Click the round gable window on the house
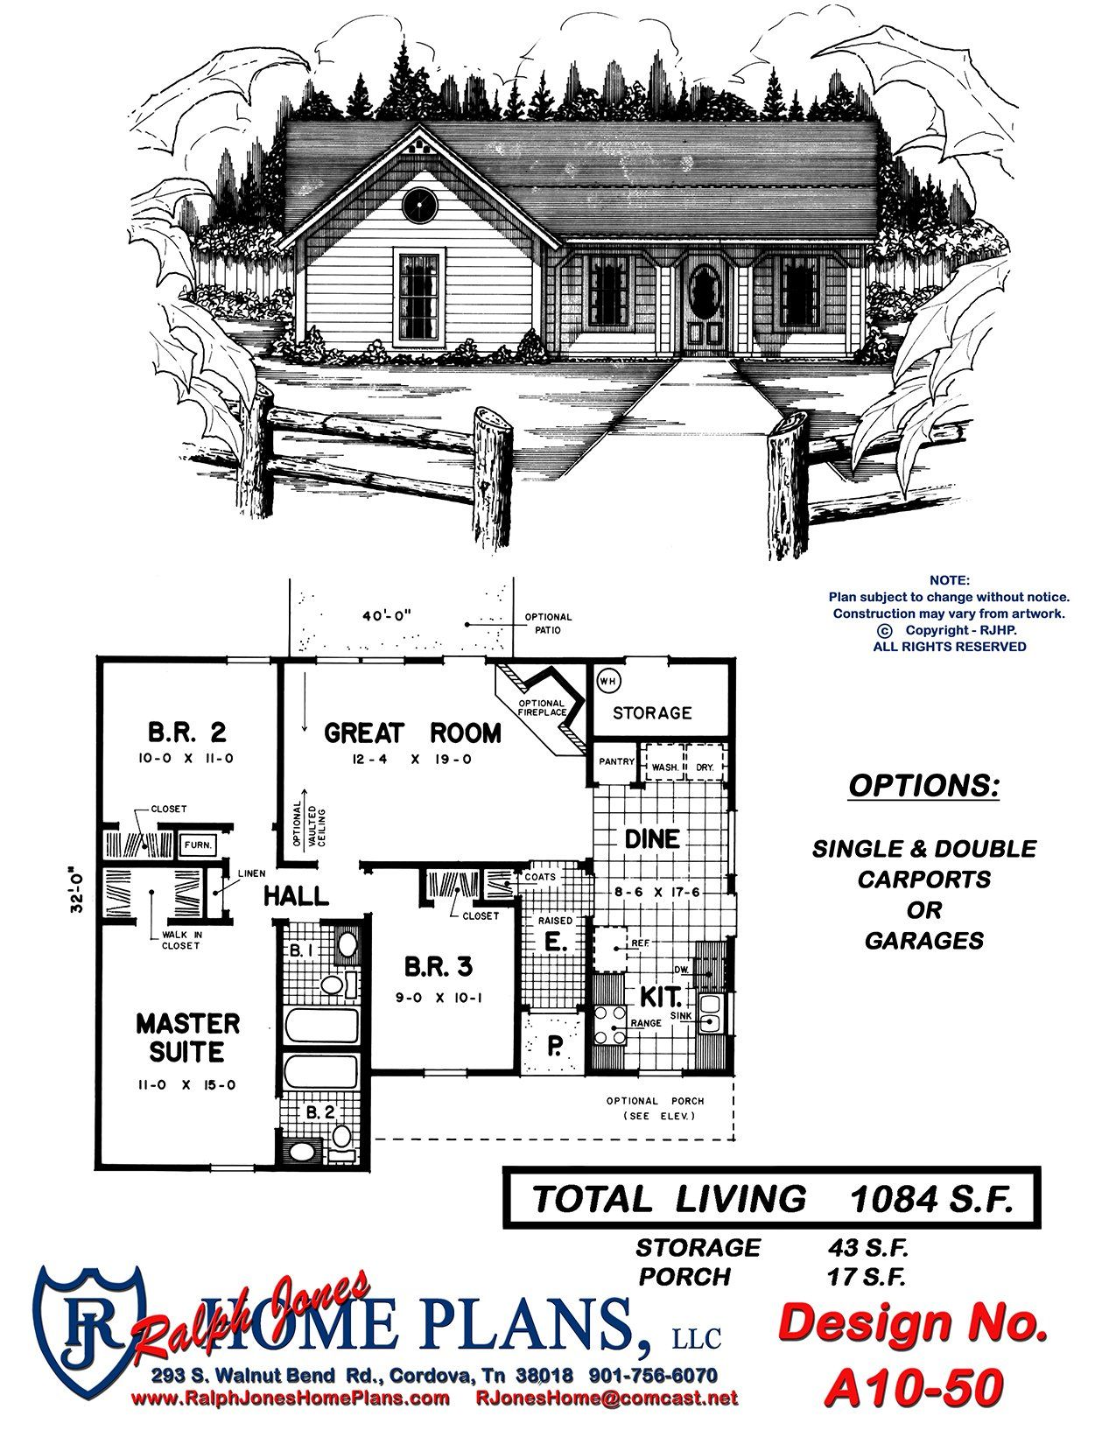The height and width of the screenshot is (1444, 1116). (419, 205)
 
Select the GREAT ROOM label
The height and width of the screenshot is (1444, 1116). (412, 733)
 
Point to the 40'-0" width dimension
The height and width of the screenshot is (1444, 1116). (388, 614)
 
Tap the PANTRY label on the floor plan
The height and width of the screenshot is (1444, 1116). (616, 761)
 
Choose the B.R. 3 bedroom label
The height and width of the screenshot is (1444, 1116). (439, 966)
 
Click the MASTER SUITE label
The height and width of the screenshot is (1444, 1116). (187, 1037)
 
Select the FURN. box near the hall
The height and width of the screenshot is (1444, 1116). (198, 845)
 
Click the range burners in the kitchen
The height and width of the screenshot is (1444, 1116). (609, 1026)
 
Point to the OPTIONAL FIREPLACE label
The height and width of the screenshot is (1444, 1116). (543, 708)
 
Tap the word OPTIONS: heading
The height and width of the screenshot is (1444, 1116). (924, 786)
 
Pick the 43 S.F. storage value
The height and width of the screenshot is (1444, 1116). (867, 1248)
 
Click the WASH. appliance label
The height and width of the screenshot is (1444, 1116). (664, 767)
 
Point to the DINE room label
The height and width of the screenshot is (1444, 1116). (652, 838)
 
